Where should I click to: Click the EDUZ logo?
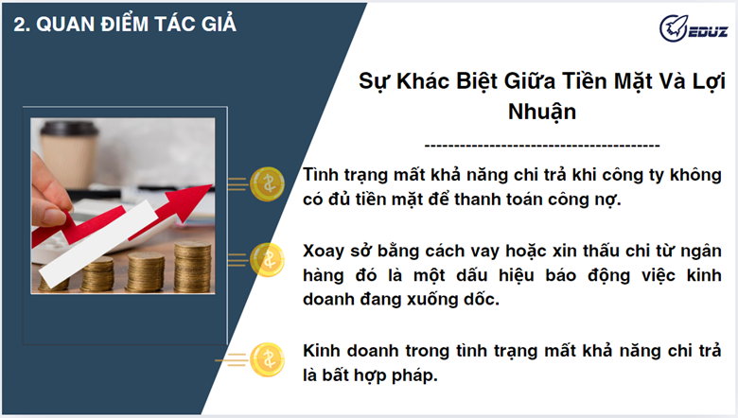(694, 28)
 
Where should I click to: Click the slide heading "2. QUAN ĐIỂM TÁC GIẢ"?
(125, 25)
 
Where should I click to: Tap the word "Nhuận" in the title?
(542, 113)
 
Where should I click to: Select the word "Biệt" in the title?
(477, 82)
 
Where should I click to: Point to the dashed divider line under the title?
(542, 146)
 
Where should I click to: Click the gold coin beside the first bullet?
(268, 183)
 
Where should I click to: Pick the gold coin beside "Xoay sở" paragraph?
(268, 259)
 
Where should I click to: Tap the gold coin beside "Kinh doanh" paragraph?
(268, 360)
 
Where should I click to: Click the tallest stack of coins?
(193, 266)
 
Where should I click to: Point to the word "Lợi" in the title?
(709, 82)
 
